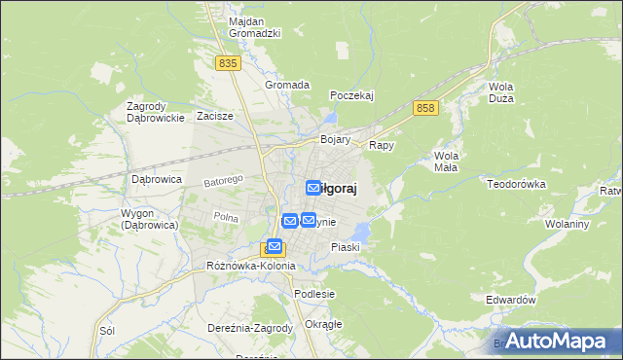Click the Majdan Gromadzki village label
(x=254, y=26)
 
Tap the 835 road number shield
(x=228, y=62)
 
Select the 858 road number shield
(x=423, y=108)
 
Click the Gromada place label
(x=287, y=85)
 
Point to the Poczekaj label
(x=351, y=95)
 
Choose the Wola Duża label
(x=501, y=91)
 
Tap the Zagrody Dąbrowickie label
(x=156, y=112)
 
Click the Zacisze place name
(x=214, y=116)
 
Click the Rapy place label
(x=381, y=145)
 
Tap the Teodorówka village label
(x=519, y=182)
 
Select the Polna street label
(x=226, y=217)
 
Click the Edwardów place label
(x=511, y=301)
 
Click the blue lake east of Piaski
(x=361, y=233)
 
